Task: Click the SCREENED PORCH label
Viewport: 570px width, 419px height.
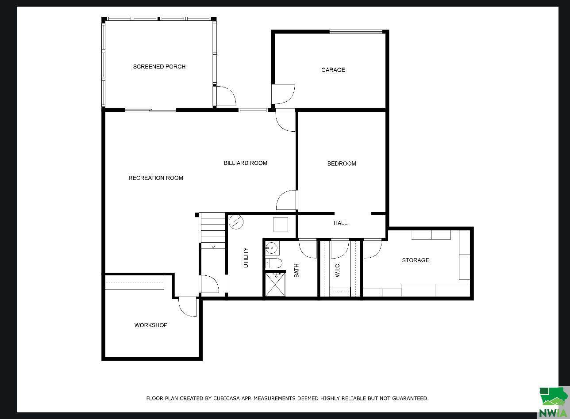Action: pos(159,67)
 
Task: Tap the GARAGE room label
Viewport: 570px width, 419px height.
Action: pos(333,70)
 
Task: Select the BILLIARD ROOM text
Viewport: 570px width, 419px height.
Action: pos(245,163)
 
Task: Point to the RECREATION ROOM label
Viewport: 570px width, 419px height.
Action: pos(155,178)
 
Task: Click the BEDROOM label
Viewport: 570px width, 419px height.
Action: pos(342,164)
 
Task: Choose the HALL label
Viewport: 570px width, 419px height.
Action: pos(340,223)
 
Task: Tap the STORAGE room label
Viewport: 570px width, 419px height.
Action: pos(415,260)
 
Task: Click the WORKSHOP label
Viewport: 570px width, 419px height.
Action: pos(151,325)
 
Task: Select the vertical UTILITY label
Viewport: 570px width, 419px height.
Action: pos(246,257)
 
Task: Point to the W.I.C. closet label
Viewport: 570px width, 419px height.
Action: pos(337,270)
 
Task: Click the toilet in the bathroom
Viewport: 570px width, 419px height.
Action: pos(273,263)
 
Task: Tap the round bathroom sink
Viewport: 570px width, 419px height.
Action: pos(271,247)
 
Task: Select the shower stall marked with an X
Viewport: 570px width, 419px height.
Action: pos(275,284)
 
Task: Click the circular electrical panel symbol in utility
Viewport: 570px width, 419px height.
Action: pos(236,221)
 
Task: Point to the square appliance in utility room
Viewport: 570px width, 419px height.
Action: pos(281,225)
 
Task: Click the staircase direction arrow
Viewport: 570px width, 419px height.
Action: pos(213,247)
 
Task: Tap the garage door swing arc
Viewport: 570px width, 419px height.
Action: pos(285,93)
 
